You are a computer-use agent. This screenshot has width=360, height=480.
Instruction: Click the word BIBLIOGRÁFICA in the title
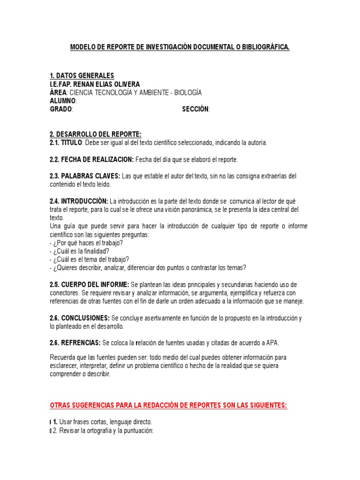click(266, 47)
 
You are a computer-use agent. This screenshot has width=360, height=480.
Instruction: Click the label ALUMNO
click(62, 101)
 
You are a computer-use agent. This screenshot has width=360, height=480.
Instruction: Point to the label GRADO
click(61, 109)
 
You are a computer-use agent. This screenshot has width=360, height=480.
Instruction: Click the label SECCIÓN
click(195, 109)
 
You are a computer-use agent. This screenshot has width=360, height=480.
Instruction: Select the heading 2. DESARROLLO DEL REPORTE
click(95, 135)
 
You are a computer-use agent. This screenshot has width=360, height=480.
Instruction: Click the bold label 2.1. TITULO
click(66, 142)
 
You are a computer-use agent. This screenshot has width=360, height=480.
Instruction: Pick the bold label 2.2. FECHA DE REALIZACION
click(91, 159)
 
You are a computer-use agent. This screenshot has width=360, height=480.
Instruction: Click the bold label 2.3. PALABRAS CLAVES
click(84, 176)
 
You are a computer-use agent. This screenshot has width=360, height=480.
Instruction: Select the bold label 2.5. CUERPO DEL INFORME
click(90, 285)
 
